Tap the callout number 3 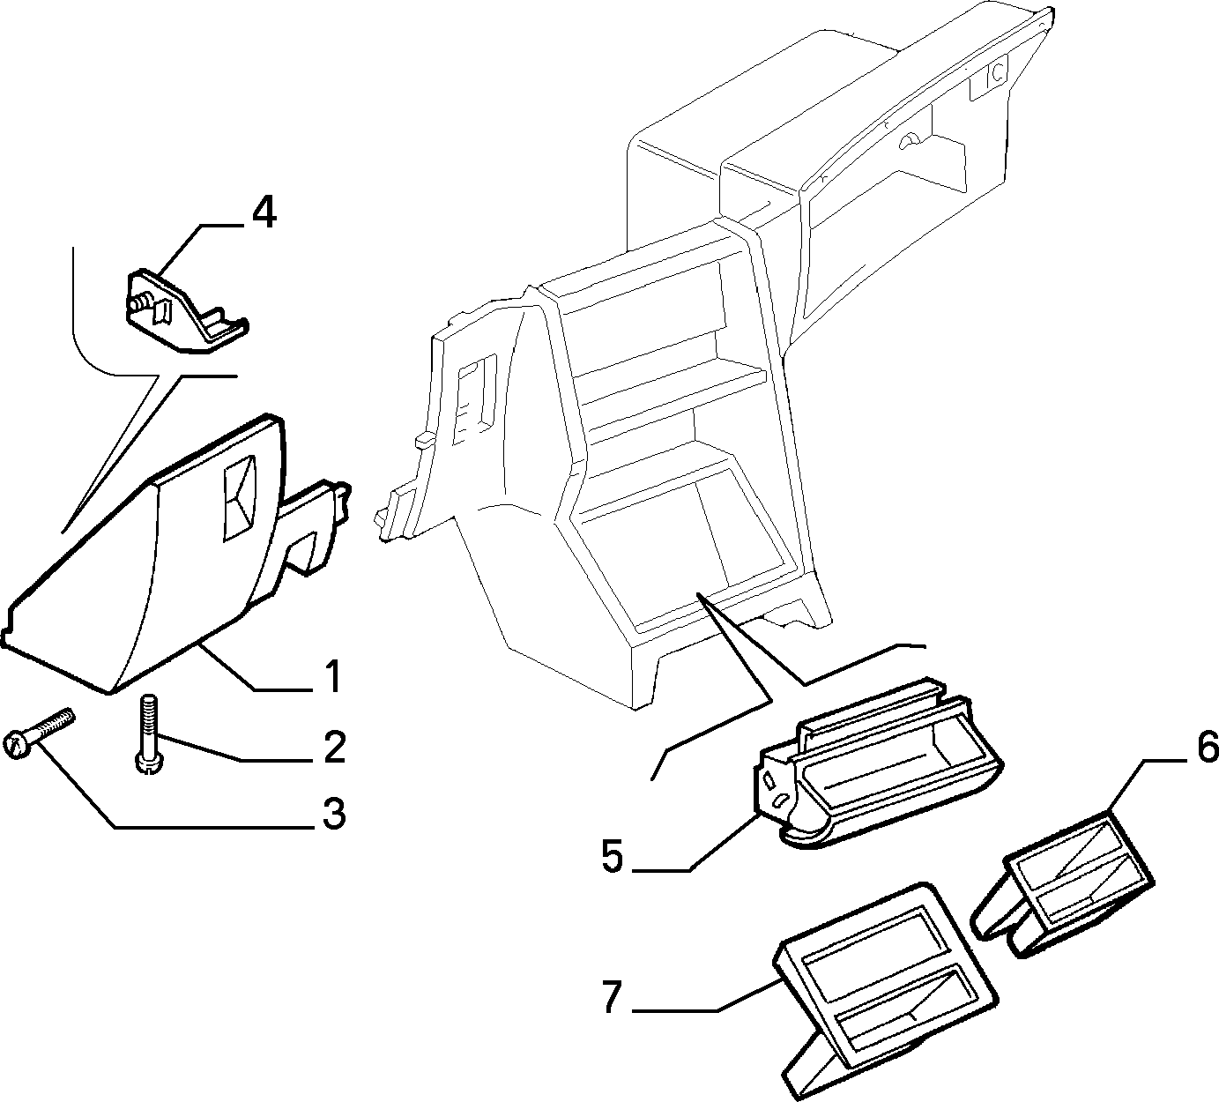(x=334, y=814)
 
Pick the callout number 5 (x=613, y=855)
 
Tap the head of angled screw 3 (x=16, y=745)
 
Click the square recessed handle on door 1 (x=241, y=497)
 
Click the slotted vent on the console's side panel (x=477, y=398)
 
